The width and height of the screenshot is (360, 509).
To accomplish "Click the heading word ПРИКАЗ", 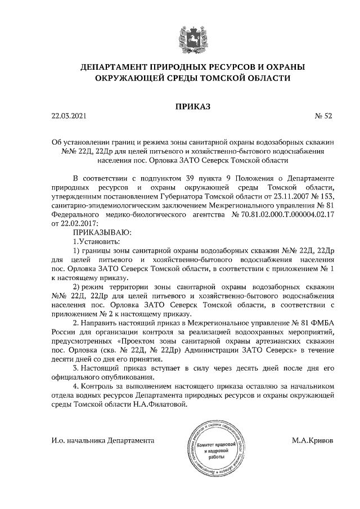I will click(179, 105).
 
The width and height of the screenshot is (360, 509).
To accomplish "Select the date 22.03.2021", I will click(69, 116).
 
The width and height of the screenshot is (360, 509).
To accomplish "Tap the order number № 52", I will click(323, 116).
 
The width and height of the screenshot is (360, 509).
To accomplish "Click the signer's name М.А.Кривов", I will click(312, 441).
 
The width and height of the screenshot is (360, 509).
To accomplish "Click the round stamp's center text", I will click(212, 451).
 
